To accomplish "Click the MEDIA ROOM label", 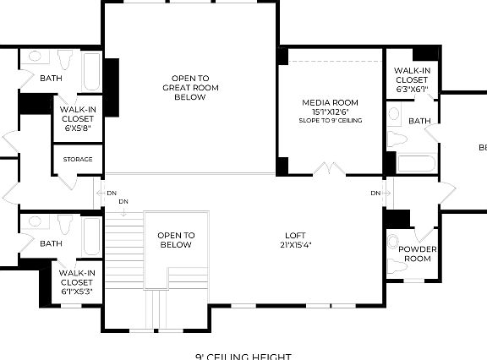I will tap(331, 102).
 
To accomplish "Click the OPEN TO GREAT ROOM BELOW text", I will tap(190, 87).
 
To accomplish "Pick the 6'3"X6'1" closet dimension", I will tap(412, 89).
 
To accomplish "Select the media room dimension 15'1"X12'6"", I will tap(331, 112).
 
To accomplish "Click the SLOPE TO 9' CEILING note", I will tap(331, 121).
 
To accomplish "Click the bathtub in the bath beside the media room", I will tap(415, 163).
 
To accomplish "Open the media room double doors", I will tap(330, 169).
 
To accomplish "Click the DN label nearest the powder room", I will tap(375, 194).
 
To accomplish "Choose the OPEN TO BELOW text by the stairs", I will tap(176, 240).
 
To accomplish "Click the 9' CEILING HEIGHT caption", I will tap(243, 356).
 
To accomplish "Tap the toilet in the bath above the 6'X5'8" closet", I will tap(64, 60).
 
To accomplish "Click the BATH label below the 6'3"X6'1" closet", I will tap(419, 121).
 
